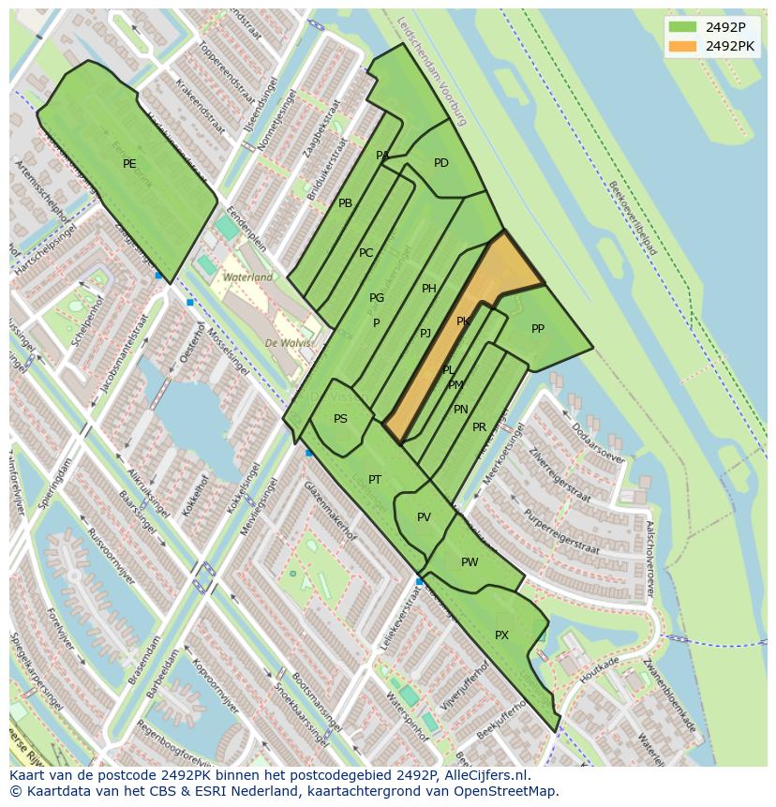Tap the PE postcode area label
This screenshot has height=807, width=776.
pyautogui.click(x=129, y=164)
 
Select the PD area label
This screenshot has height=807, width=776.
pyautogui.click(x=441, y=163)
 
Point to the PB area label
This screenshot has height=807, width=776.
pyautogui.click(x=345, y=203)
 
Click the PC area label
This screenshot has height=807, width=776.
pyautogui.click(x=366, y=253)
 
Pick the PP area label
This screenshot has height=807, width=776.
pyautogui.click(x=538, y=329)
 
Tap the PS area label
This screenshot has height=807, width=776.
pyautogui.click(x=340, y=419)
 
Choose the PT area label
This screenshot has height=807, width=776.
pyautogui.click(x=375, y=480)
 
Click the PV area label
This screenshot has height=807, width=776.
pyautogui.click(x=424, y=517)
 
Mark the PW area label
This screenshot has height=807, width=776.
pyautogui.click(x=470, y=562)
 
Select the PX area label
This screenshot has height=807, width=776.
pyautogui.click(x=501, y=635)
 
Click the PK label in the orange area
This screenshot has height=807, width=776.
pyautogui.click(x=463, y=321)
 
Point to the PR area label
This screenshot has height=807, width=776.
pyautogui.click(x=479, y=427)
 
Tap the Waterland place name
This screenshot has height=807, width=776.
pyautogui.click(x=247, y=277)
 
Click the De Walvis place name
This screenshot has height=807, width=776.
pyautogui.click(x=288, y=343)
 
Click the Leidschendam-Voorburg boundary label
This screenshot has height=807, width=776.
pyautogui.click(x=431, y=70)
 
